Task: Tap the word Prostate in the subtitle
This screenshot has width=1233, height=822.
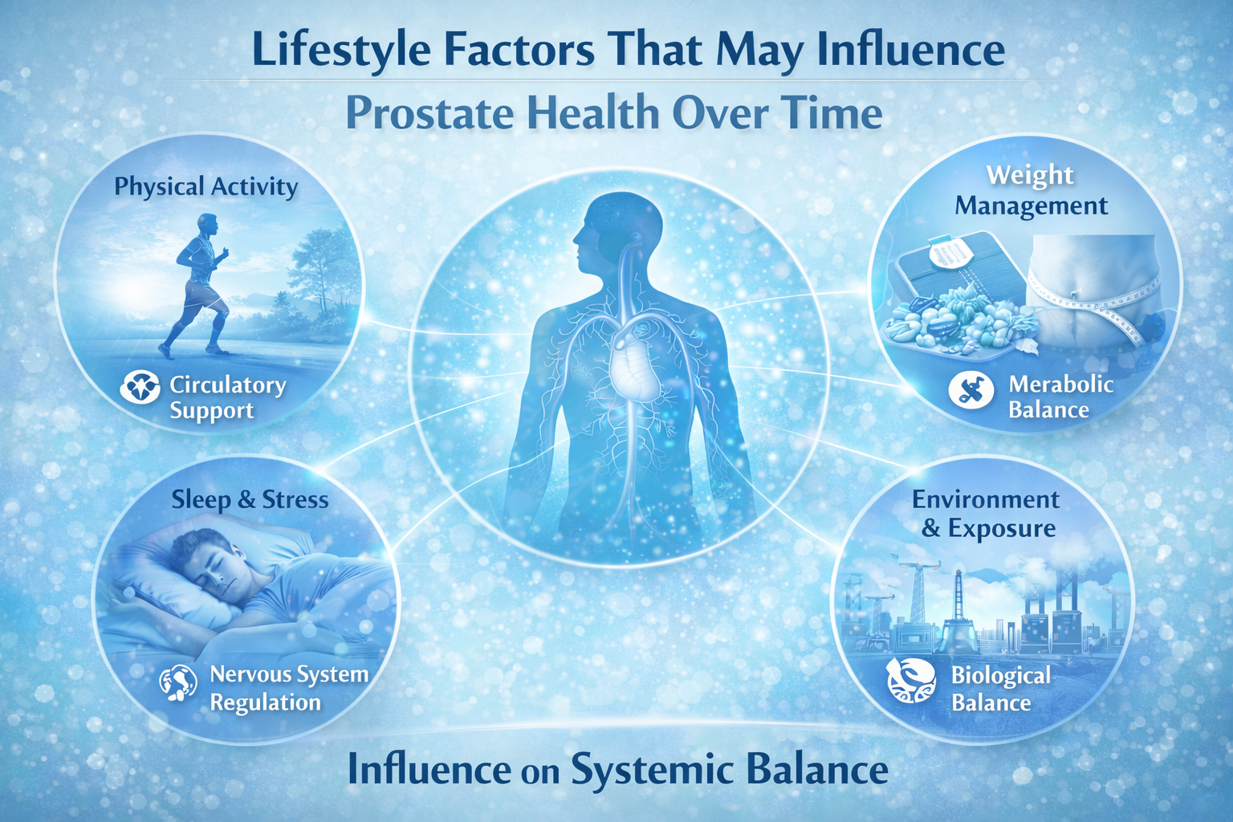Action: coord(430,112)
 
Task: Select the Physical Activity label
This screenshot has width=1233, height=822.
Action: coord(206,186)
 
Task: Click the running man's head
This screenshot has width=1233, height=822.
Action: coord(207,225)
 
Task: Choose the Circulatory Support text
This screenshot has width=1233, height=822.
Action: coord(227,397)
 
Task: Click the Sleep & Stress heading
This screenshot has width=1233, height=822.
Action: coord(250,499)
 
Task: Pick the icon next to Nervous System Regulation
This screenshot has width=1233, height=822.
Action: coord(177,683)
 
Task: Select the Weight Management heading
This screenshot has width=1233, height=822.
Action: coord(1031,190)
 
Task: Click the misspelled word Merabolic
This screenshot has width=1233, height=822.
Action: coord(1060,384)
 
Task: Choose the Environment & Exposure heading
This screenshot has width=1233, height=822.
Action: coord(987,514)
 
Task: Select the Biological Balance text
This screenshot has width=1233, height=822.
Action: coord(1000,689)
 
